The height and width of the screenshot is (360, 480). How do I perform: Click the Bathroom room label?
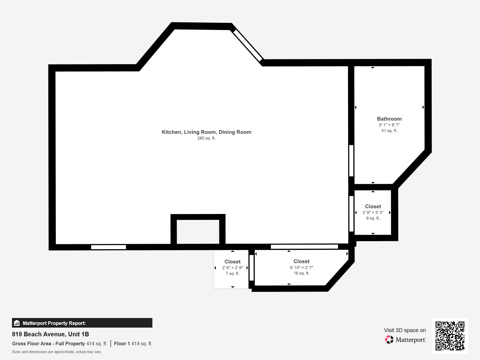[389, 119]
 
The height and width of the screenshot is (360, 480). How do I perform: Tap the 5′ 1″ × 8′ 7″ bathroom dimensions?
[389, 125]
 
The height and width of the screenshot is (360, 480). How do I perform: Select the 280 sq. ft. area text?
[206, 138]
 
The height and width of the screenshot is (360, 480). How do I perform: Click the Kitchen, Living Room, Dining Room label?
[206, 132]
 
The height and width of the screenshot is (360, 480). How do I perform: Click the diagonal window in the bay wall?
[248, 45]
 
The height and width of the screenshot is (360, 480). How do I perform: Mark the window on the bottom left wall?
[109, 247]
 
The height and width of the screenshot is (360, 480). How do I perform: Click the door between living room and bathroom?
[351, 161]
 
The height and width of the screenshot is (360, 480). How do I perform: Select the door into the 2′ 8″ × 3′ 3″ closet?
[351, 214]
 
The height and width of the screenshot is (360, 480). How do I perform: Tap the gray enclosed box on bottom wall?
[198, 232]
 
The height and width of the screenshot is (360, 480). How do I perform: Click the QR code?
[450, 336]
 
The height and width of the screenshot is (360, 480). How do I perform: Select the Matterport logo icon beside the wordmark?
[389, 340]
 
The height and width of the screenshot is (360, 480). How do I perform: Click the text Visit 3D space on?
[405, 330]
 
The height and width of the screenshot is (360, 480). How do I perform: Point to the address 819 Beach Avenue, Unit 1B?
[50, 334]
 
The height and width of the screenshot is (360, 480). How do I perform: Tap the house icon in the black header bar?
[17, 323]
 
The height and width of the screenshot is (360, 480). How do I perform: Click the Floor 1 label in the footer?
[122, 344]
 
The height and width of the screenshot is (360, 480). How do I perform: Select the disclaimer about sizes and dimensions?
[56, 352]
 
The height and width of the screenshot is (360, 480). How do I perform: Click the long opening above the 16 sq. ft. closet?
[304, 247]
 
